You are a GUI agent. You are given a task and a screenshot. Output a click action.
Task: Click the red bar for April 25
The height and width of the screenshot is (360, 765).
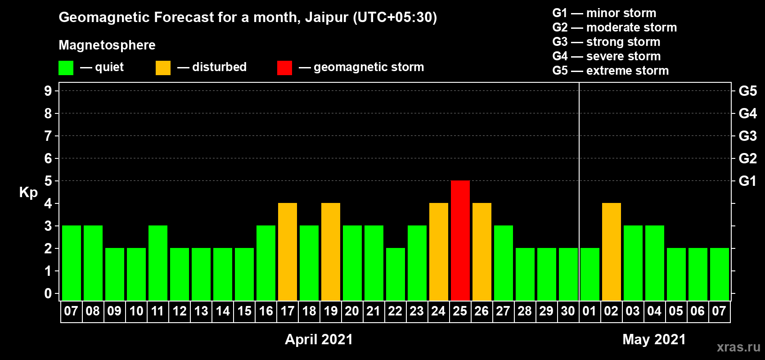tap(460, 240)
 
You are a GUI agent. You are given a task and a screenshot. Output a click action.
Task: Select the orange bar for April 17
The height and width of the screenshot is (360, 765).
tap(288, 252)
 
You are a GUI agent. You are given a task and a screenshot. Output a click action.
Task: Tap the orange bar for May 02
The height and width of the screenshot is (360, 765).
tap(611, 252)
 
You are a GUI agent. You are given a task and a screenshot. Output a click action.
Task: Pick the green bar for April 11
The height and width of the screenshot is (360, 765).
tap(158, 263)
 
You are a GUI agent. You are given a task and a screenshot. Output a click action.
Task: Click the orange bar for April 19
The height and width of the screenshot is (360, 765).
tap(331, 252)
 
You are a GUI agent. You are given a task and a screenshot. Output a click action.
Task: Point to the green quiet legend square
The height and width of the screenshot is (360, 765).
tap(66, 67)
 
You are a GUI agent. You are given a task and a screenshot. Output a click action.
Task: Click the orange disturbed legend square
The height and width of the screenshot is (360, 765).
tap(163, 67)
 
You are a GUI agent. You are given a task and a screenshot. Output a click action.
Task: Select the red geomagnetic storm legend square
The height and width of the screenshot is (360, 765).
tap(284, 67)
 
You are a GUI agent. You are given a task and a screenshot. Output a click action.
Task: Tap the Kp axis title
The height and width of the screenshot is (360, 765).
tap(28, 193)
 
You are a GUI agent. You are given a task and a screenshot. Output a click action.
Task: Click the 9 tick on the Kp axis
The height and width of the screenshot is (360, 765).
tap(48, 91)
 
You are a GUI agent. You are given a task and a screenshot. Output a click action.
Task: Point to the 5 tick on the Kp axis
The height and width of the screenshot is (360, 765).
tap(48, 181)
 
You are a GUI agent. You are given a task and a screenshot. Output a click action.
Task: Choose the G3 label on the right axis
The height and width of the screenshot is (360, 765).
tap(747, 136)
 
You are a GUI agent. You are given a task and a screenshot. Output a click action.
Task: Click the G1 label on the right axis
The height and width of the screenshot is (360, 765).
tap(747, 181)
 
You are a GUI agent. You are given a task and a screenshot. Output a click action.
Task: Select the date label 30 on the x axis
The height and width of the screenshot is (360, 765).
tap(568, 311)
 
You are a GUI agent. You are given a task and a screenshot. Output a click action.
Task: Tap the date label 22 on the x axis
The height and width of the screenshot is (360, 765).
tap(395, 311)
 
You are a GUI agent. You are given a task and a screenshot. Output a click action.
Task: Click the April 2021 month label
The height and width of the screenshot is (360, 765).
tap(319, 339)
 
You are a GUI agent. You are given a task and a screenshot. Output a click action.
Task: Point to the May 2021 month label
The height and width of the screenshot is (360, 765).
tap(654, 339)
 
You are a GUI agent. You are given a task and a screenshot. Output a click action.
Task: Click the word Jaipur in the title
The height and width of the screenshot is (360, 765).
tap(327, 18)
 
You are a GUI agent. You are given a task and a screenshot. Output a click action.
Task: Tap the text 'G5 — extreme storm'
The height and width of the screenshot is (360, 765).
tap(611, 71)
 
